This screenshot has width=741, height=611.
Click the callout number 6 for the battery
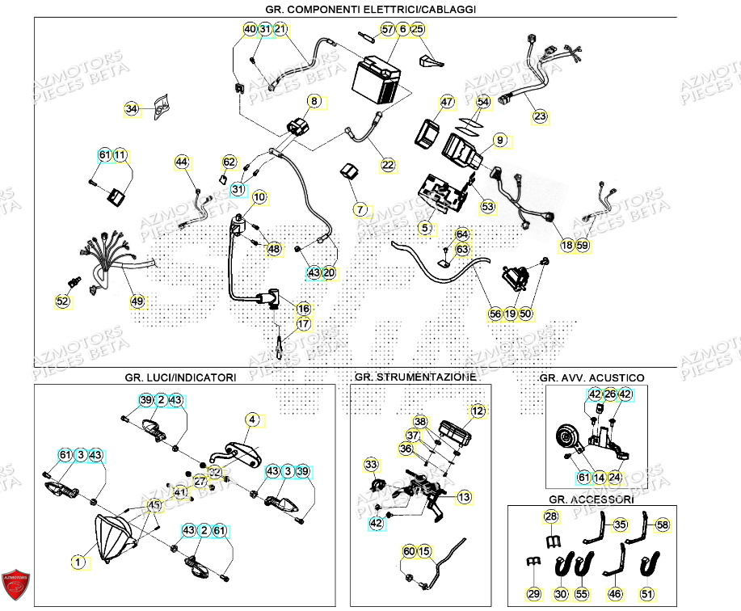pos(402,29)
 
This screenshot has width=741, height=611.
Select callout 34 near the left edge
pos(132,109)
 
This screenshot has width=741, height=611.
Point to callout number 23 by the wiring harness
pos(540,116)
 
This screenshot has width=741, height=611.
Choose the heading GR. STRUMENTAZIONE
pos(415,377)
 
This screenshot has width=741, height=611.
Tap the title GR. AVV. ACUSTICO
pos(592,377)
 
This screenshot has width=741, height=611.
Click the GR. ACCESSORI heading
pos(592,499)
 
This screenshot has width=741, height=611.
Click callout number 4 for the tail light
pos(253,419)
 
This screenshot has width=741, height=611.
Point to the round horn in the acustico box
pos(563,439)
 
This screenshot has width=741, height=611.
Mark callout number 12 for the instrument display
pos(479,411)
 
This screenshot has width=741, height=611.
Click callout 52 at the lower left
pos(62,301)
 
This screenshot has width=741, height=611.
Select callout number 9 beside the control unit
pos(500,141)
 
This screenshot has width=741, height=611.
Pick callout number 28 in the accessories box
pos(550,516)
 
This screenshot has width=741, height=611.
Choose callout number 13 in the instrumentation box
pos(464,496)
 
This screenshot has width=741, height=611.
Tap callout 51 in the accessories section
pos(646,594)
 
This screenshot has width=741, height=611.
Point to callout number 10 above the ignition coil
pos(259,196)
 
